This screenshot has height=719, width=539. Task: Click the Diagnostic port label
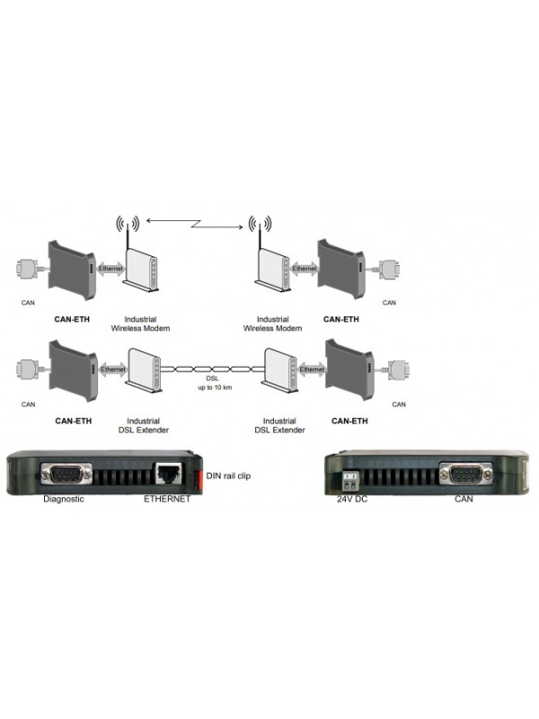64,499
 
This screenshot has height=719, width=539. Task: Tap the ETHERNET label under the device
167,499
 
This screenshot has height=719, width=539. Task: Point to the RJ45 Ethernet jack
168,474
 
